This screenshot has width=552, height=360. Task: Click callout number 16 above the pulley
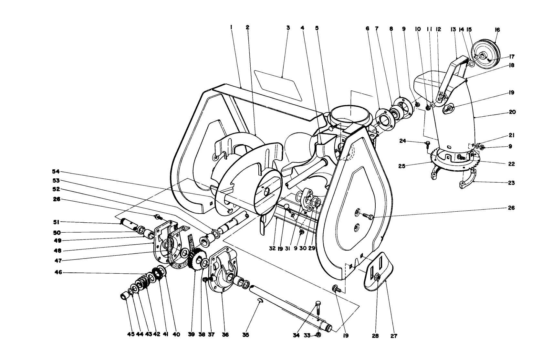pos(497,30)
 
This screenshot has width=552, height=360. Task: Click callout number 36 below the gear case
pos(225,335)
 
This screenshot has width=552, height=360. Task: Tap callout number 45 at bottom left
pos(131,335)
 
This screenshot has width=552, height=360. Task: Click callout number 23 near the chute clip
pos(511,183)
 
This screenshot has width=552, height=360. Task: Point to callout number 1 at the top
pos(231,28)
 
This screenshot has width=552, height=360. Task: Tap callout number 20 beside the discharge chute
pos(512,112)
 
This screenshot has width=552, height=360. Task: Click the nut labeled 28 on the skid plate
pos(378,277)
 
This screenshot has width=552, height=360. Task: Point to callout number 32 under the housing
pos(272,249)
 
